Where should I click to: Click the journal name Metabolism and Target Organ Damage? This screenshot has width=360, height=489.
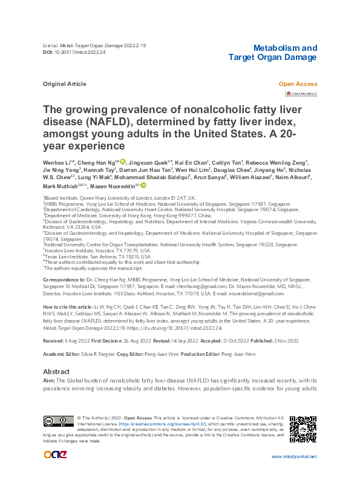[x=272, y=52]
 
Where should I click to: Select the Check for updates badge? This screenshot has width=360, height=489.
[x=301, y=94]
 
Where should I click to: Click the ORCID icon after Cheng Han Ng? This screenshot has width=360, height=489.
[x=123, y=162]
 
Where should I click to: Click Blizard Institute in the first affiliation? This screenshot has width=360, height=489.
[x=59, y=198]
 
